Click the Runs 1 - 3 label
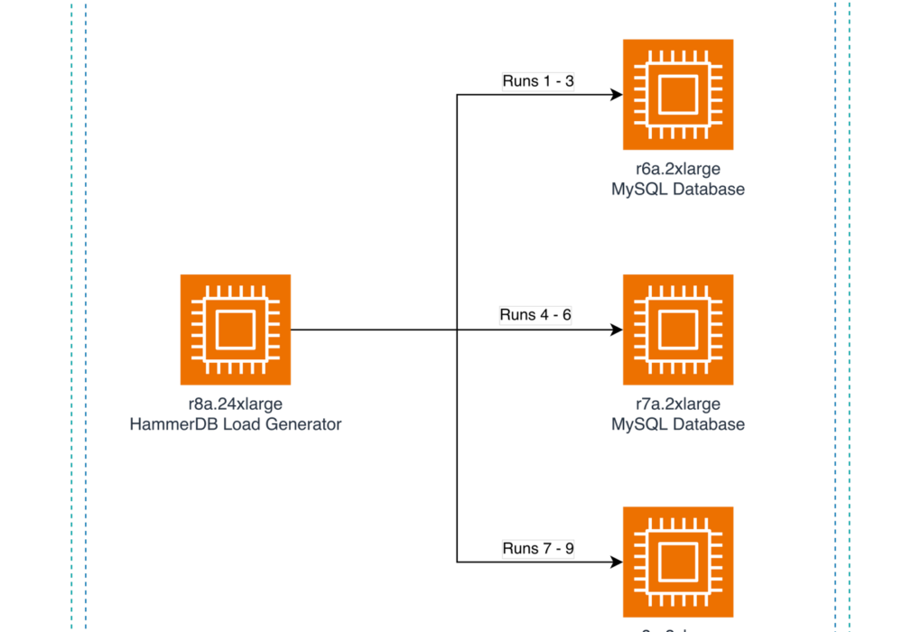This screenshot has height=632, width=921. (538, 81)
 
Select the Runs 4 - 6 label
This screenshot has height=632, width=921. (535, 315)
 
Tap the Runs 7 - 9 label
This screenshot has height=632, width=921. (538, 548)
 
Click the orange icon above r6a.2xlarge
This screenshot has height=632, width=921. (677, 95)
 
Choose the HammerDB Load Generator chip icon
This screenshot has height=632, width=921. (235, 330)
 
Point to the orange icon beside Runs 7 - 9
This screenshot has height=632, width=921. (677, 561)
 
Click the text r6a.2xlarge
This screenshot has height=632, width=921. (677, 169)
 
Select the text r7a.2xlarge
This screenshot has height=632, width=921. (677, 404)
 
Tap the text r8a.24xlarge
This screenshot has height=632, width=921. (235, 404)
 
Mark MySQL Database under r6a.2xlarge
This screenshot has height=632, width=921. (677, 190)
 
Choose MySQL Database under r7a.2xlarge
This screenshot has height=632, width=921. (677, 424)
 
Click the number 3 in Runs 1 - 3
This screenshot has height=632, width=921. (570, 81)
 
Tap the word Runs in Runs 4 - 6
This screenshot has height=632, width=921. (518, 315)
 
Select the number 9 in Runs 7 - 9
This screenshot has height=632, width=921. (570, 548)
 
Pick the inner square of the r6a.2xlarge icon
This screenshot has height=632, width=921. (677, 95)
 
